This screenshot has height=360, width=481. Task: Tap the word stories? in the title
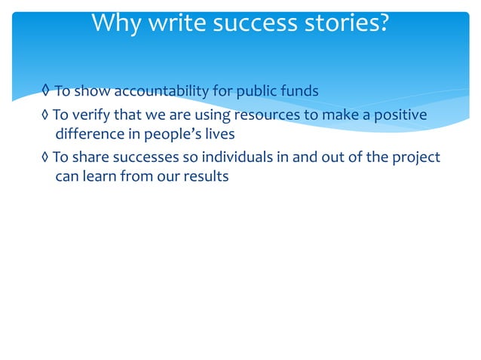tap(348, 23)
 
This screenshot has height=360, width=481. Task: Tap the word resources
tap(268, 114)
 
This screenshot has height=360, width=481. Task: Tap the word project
tap(416, 157)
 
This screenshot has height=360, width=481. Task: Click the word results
tap(205, 178)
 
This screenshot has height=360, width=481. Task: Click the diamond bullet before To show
tap(47, 92)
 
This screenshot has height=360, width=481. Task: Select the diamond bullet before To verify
tap(47, 114)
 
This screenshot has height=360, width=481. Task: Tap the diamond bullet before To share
tap(47, 157)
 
